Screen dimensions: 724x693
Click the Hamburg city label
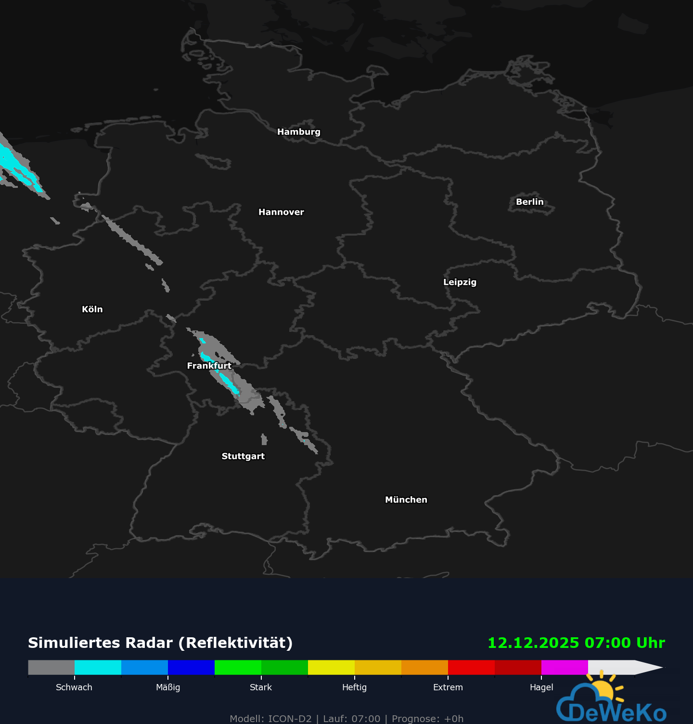click(x=298, y=132)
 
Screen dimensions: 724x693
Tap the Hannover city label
click(x=281, y=212)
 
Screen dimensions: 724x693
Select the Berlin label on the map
click(x=529, y=202)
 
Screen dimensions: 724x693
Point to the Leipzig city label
click(x=460, y=282)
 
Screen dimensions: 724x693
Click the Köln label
click(x=92, y=309)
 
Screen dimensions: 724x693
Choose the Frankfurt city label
click(x=209, y=366)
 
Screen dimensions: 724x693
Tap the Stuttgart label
click(x=243, y=456)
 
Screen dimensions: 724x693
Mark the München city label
click(x=406, y=500)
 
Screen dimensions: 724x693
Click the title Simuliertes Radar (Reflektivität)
click(x=160, y=643)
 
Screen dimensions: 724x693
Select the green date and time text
click(x=576, y=643)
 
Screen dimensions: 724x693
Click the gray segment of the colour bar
click(x=51, y=667)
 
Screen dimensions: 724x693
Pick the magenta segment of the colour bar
click(x=565, y=667)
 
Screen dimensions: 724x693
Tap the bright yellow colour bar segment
click(x=331, y=667)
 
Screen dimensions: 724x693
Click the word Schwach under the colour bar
click(x=74, y=687)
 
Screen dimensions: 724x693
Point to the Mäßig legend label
click(x=168, y=687)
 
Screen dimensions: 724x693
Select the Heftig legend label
click(x=354, y=687)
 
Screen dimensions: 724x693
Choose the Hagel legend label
click(x=541, y=687)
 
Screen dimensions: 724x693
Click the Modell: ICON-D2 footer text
click(x=270, y=719)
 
